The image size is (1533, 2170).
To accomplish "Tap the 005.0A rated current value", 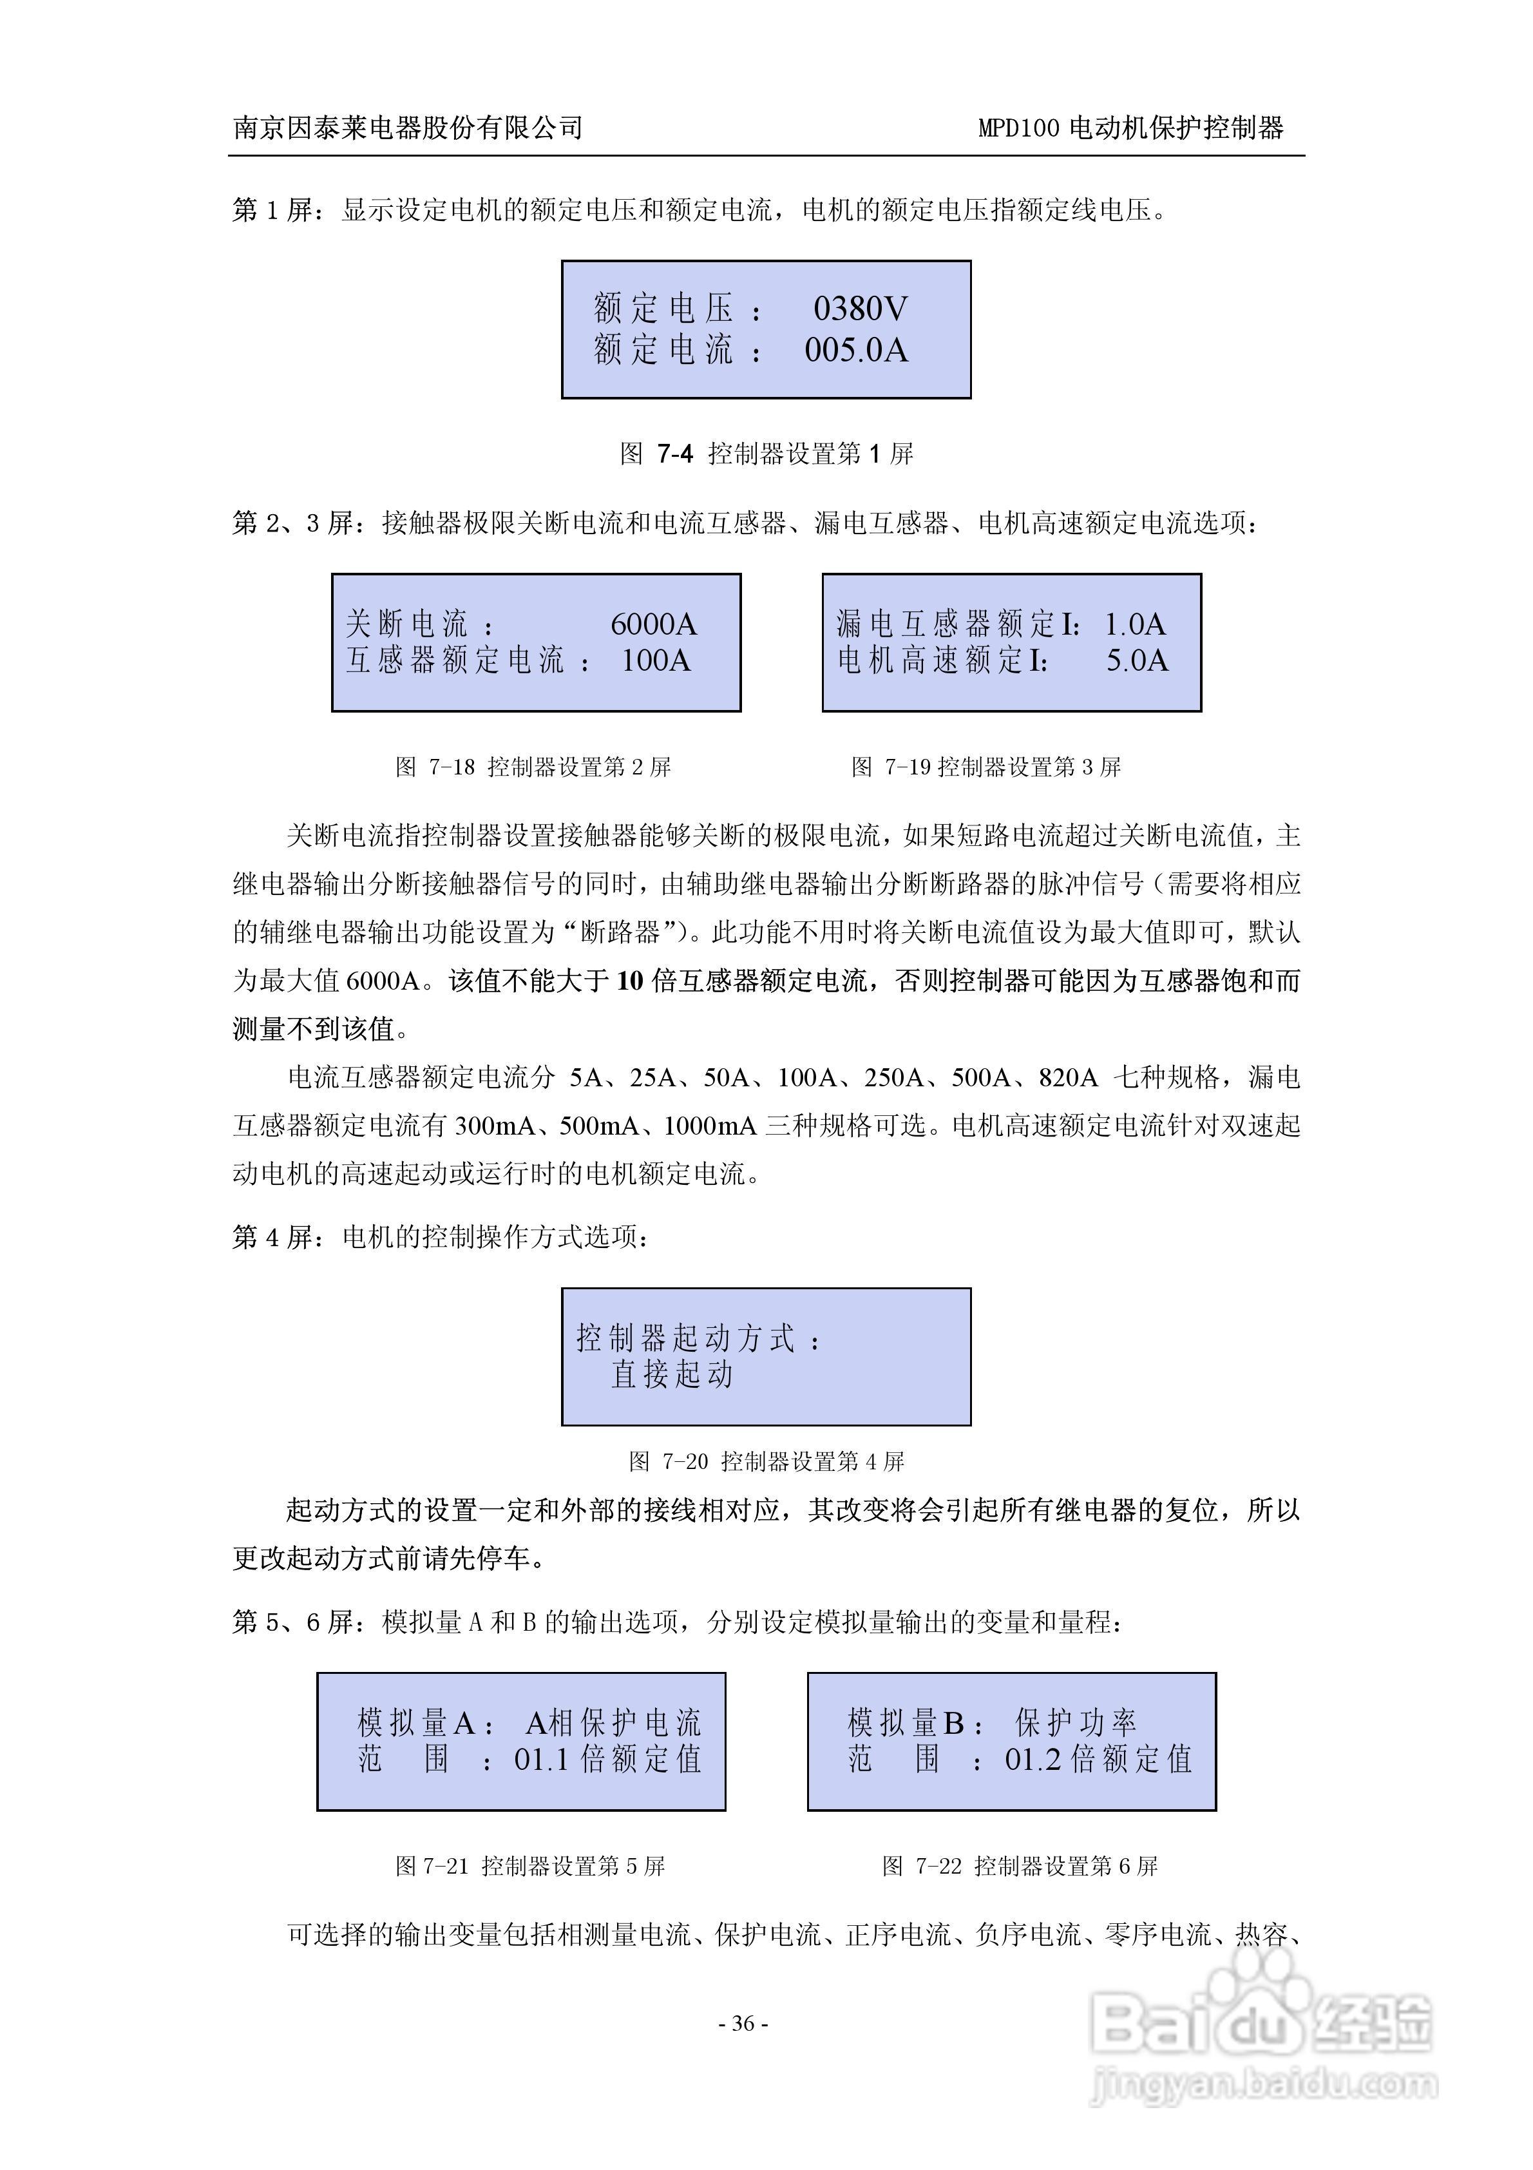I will tap(855, 350).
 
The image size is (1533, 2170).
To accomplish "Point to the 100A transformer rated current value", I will tap(655, 660).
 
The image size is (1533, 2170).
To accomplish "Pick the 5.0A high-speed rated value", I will tap(1137, 660).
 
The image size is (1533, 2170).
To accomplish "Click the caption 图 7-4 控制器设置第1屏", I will tap(766, 455).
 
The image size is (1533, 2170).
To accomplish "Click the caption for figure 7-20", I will tap(766, 1461).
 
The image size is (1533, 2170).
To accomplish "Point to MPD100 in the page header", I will tap(1018, 128).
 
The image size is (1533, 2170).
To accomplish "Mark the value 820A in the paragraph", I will tap(1068, 1077).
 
